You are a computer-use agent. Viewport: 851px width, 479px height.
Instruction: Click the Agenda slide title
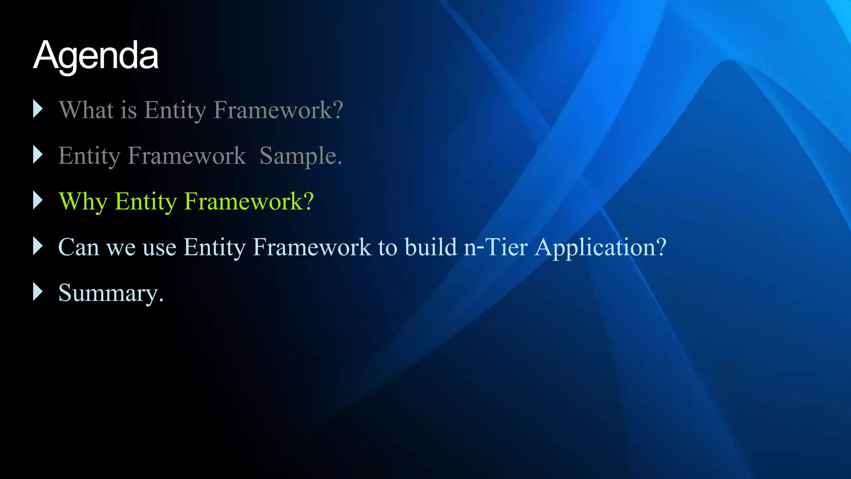tap(96, 55)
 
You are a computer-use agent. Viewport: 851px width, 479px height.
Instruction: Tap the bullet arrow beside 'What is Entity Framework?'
tap(38, 109)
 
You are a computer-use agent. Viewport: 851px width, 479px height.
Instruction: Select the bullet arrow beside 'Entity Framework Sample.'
tap(38, 155)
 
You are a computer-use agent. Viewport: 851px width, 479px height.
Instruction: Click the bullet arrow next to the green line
tap(38, 200)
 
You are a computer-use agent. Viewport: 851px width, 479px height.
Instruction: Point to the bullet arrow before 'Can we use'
tap(38, 246)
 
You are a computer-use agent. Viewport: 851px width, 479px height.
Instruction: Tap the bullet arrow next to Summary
tap(38, 292)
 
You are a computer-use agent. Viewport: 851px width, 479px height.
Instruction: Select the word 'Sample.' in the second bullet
tap(300, 156)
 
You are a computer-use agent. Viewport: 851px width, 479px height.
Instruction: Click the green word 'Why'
tap(83, 202)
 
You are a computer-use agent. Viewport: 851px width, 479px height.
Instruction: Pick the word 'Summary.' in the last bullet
tap(111, 293)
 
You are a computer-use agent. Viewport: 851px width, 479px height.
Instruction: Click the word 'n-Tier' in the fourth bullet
tap(496, 247)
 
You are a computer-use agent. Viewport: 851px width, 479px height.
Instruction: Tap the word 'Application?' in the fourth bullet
tap(601, 248)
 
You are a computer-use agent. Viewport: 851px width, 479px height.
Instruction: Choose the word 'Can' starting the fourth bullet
tap(79, 247)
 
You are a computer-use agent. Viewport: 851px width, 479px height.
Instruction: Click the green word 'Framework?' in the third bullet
tap(248, 201)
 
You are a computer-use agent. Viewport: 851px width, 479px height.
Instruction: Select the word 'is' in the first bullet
tap(129, 110)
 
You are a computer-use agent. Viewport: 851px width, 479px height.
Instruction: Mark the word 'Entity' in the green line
tap(146, 202)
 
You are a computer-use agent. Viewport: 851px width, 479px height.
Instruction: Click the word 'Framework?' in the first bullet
tap(278, 110)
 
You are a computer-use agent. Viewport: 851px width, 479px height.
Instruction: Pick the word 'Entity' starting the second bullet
tap(89, 156)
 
